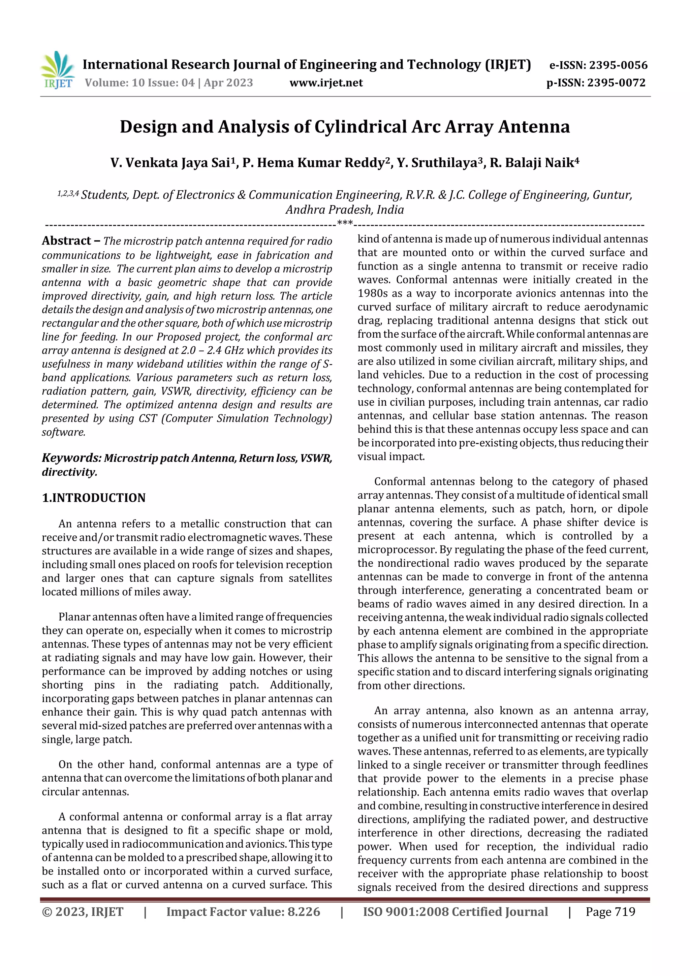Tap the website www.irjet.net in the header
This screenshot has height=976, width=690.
(x=326, y=83)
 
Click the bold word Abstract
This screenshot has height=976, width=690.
(x=67, y=241)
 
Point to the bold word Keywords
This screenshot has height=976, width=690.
(x=70, y=458)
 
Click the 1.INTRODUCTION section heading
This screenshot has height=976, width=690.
(x=94, y=498)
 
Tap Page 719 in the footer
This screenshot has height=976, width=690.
(x=610, y=912)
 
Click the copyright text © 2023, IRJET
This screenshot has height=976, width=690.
(x=83, y=912)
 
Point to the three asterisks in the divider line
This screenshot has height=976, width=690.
(x=345, y=223)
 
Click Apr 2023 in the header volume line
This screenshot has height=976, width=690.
(x=228, y=83)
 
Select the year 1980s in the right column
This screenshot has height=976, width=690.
(x=373, y=294)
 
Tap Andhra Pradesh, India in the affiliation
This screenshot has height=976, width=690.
(x=345, y=210)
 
